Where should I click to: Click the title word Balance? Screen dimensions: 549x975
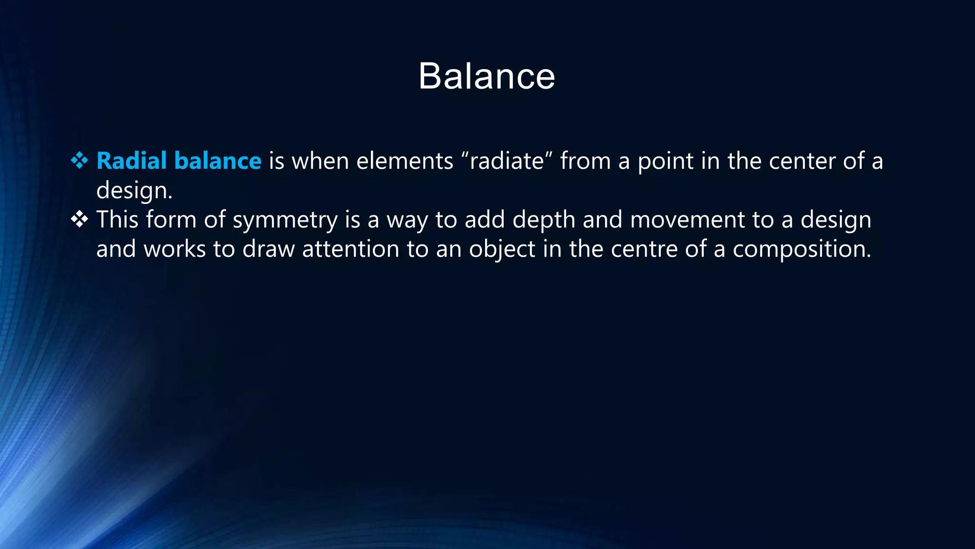pyautogui.click(x=487, y=76)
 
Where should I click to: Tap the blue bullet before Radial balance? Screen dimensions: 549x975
pyautogui.click(x=79, y=161)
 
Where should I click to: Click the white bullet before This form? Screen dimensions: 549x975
pyautogui.click(x=79, y=219)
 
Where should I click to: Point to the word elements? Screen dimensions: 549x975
pyautogui.click(x=405, y=161)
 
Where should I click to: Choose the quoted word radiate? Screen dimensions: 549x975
pyautogui.click(x=507, y=161)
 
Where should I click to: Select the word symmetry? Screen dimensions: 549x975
pyautogui.click(x=285, y=220)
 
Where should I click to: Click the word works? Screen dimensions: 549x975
pyautogui.click(x=175, y=249)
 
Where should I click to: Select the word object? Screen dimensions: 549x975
pyautogui.click(x=502, y=250)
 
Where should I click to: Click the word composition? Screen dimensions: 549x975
pyautogui.click(x=802, y=250)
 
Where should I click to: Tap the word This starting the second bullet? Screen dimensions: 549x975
pyautogui.click(x=117, y=220)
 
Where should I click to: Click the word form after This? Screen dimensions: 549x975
pyautogui.click(x=171, y=220)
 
